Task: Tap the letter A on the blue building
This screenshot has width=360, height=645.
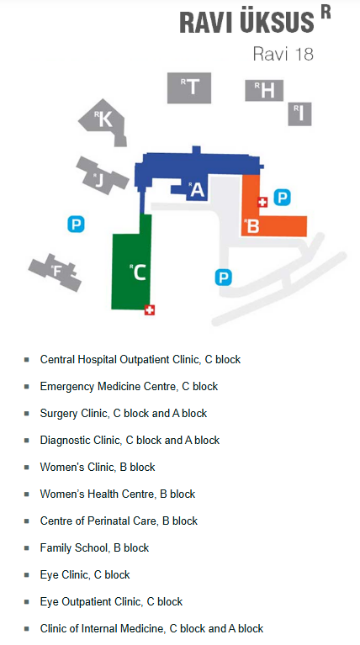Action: (198, 190)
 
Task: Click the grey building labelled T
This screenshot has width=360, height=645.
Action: (192, 87)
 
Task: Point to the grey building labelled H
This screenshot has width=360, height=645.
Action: (265, 90)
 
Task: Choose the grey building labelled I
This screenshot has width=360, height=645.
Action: (299, 112)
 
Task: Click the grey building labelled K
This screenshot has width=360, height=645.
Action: (103, 120)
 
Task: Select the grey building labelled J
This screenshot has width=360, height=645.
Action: (99, 177)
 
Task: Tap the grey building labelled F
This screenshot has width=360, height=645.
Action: (57, 272)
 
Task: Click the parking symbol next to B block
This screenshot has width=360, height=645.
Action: (283, 198)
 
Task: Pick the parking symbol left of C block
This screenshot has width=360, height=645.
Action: (76, 224)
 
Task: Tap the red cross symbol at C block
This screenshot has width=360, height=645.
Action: (150, 309)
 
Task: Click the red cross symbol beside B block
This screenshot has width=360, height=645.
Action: (262, 202)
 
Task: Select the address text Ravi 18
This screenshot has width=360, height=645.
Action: (283, 55)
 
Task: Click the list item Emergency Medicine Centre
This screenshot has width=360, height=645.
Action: (129, 387)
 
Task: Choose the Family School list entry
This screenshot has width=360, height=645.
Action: (94, 548)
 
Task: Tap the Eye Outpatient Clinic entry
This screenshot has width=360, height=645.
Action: (111, 602)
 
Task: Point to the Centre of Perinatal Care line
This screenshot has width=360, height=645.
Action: (119, 521)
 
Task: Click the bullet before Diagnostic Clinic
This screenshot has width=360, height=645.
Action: (27, 441)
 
